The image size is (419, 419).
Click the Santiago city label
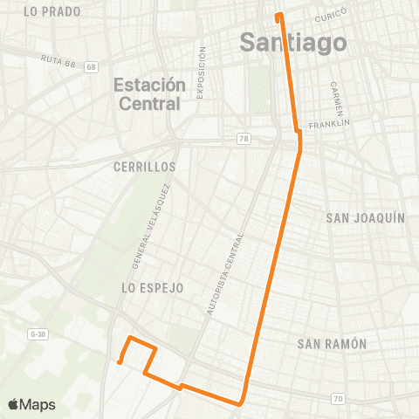292,42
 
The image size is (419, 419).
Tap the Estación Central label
150,94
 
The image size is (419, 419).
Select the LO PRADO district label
53,11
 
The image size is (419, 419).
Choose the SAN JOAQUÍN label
365,217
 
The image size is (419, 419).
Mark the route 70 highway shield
337,399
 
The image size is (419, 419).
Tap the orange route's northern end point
278,15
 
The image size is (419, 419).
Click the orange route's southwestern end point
120,361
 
